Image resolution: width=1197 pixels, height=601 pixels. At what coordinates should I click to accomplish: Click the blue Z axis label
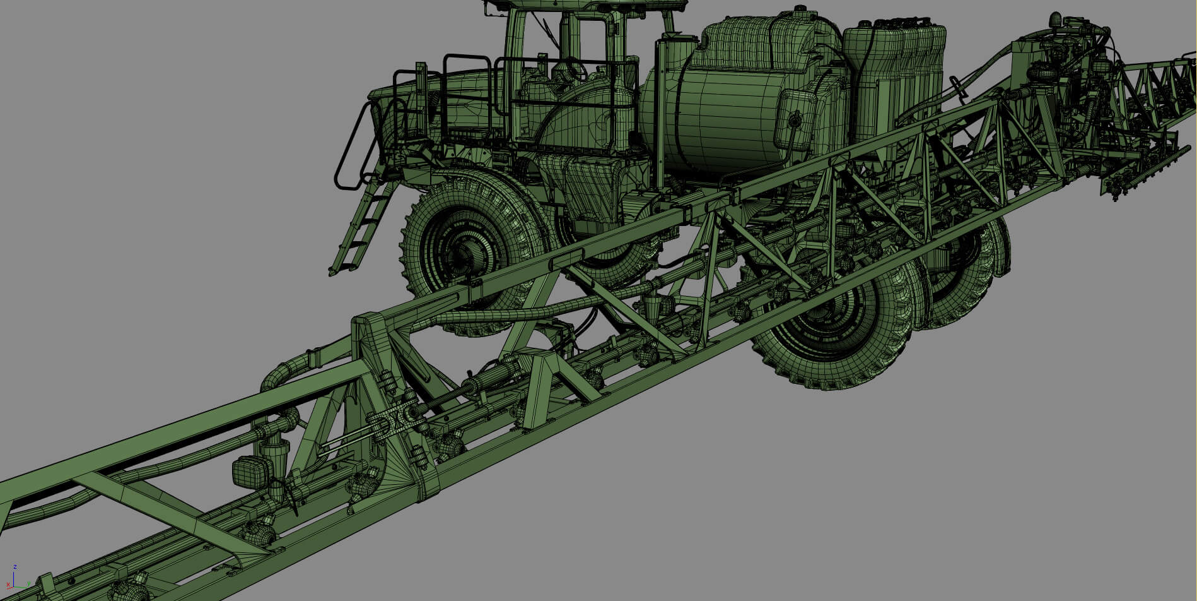tap(15, 568)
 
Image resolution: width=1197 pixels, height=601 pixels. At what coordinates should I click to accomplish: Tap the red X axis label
tap(8, 585)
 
